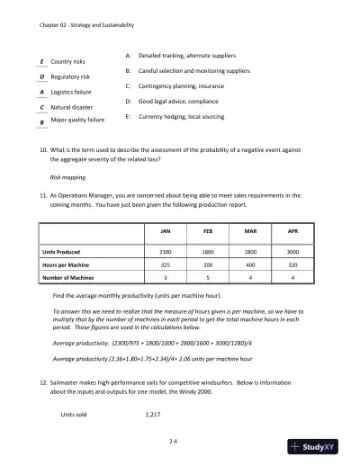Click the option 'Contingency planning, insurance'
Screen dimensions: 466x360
click(x=188, y=85)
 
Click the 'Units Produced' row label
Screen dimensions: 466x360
click(x=67, y=251)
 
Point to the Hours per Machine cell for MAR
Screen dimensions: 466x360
click(x=250, y=265)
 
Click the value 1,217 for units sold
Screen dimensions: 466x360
click(x=156, y=417)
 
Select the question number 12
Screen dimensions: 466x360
click(x=42, y=381)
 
